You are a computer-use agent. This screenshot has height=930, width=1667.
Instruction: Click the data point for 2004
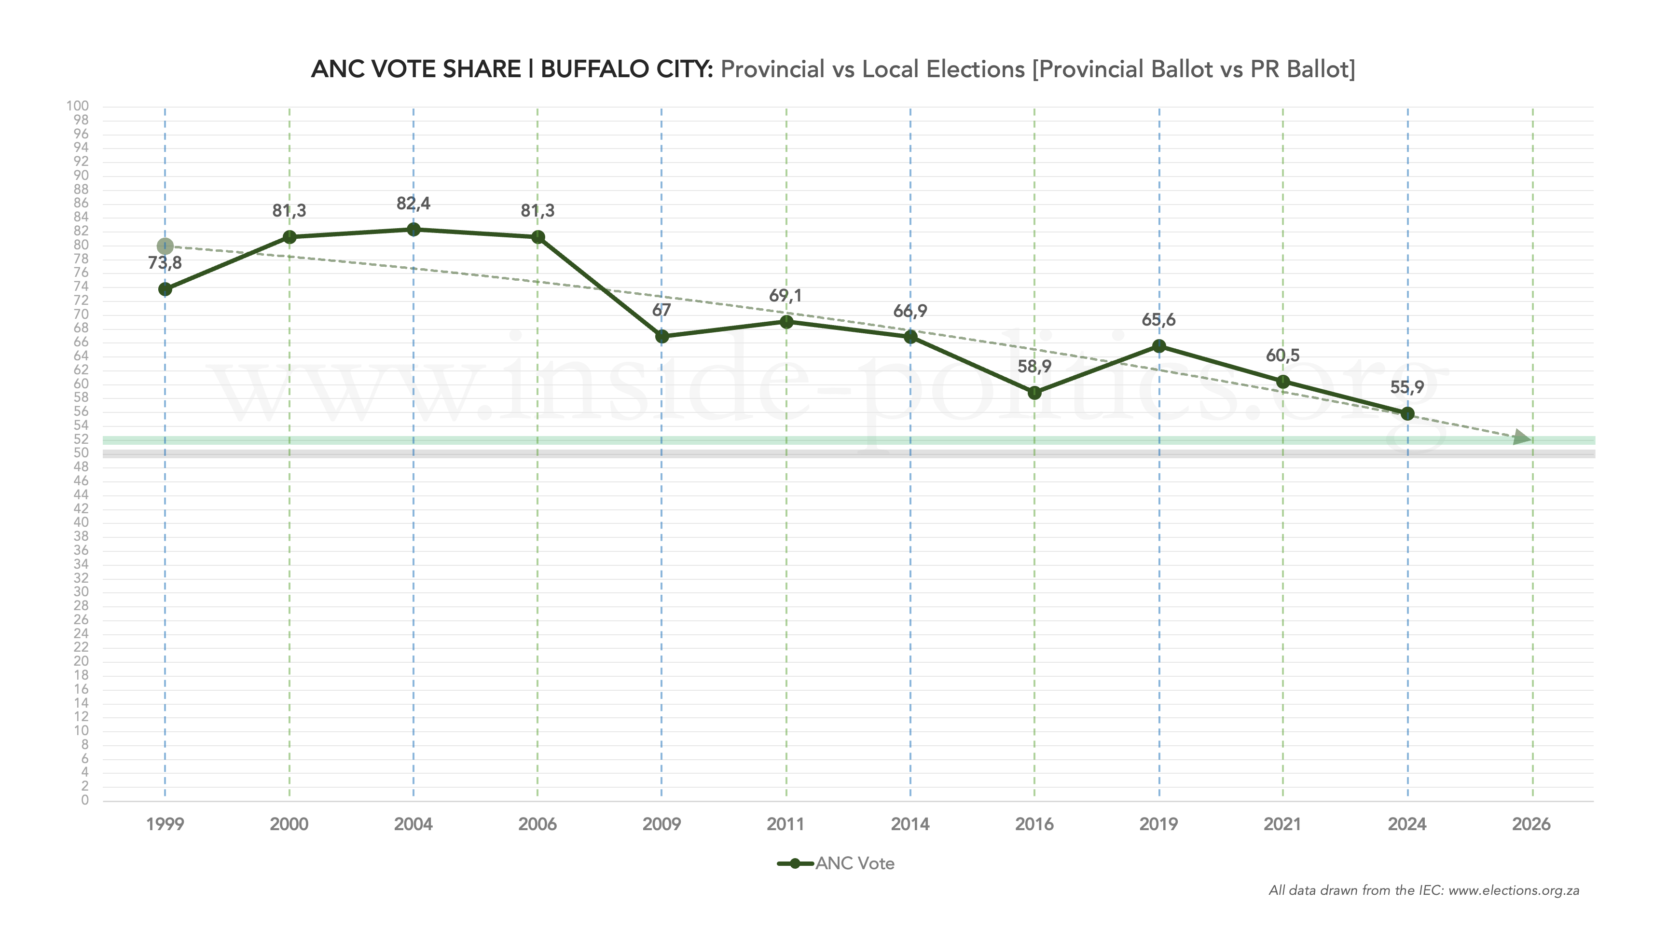413,229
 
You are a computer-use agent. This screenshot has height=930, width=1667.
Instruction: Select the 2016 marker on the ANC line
1034,392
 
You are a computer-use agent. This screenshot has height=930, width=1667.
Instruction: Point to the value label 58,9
1034,366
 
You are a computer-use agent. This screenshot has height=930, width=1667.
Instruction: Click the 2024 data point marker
1407,413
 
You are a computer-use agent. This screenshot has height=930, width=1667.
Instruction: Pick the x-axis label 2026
1531,824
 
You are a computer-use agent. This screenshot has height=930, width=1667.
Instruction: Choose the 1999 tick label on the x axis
165,824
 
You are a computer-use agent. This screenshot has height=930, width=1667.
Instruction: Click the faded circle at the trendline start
165,246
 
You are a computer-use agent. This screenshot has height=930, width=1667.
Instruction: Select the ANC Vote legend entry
836,863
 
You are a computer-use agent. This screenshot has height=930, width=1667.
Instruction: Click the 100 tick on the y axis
78,106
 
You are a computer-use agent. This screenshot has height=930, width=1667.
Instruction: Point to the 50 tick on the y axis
81,453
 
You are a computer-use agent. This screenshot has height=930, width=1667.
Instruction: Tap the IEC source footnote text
1424,890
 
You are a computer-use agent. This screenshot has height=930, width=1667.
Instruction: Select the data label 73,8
165,263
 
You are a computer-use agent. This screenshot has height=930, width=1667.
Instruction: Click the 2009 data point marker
661,337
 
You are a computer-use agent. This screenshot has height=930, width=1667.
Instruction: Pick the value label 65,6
1158,320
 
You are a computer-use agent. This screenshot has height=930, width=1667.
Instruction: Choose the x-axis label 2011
785,824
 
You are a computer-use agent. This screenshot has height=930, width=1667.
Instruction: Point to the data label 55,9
1407,387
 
